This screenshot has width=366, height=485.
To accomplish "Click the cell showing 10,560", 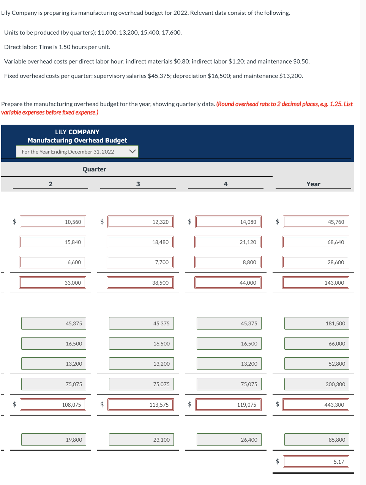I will [x=53, y=222].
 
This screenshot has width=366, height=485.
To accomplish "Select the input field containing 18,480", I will [x=140, y=242].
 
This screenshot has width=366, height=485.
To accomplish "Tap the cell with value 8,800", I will [x=228, y=262].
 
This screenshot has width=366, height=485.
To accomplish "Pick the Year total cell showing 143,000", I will [x=316, y=283].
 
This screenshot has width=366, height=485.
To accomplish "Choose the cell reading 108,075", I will [x=53, y=405].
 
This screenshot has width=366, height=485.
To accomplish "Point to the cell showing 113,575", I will [x=140, y=405].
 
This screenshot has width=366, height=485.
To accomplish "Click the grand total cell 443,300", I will [x=316, y=405].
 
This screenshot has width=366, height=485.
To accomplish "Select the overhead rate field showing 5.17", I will [x=316, y=462].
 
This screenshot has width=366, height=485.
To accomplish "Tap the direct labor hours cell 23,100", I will [x=141, y=440].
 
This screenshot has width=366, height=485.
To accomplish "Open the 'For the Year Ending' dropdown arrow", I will [x=133, y=152].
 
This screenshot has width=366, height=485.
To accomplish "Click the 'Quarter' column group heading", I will [x=94, y=170].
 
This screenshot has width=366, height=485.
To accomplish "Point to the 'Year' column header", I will [x=313, y=184].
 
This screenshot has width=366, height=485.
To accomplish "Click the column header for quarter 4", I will [x=226, y=184].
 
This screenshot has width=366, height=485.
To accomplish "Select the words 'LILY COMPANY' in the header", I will [x=77, y=132].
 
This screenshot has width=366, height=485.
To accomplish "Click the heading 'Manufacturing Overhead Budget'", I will [x=77, y=140].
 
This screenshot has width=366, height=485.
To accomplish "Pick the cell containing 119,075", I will [x=228, y=405].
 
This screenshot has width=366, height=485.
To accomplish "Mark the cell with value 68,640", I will [x=316, y=242].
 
